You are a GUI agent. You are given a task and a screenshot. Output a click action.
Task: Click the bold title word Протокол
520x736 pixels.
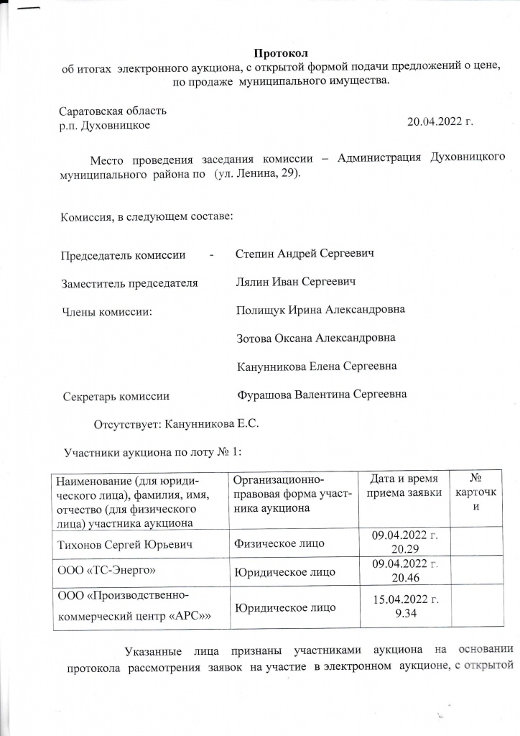pyautogui.click(x=281, y=52)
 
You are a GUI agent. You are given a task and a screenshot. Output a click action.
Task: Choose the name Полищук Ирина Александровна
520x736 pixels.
pyautogui.click(x=320, y=310)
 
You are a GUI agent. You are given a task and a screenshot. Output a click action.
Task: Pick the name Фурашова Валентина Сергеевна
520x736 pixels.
pyautogui.click(x=322, y=394)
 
